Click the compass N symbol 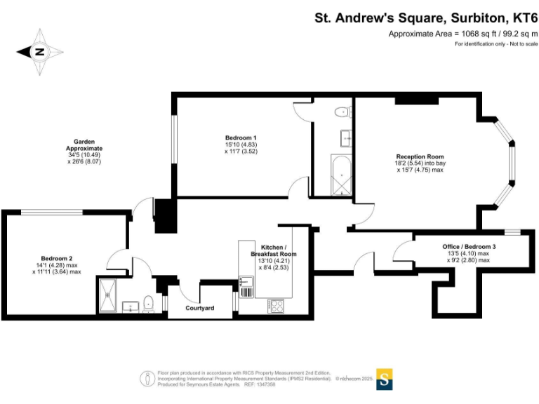40,50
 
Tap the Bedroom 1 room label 241,137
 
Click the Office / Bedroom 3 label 469,247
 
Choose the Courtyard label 199,308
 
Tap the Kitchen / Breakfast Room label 279,250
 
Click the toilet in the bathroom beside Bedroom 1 342,111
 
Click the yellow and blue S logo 385,379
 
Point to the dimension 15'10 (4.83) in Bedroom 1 241,144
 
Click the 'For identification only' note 495,44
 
